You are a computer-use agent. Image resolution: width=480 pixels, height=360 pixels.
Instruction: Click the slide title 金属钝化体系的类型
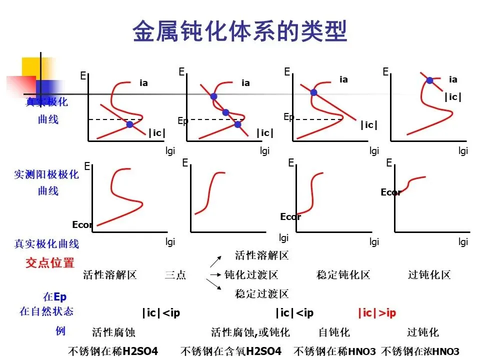click(240, 31)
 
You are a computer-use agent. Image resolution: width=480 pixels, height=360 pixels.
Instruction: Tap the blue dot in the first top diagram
click(130, 124)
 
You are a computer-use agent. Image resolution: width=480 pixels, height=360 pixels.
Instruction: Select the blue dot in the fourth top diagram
click(429, 80)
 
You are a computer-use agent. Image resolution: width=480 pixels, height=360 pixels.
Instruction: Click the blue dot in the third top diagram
click(313, 92)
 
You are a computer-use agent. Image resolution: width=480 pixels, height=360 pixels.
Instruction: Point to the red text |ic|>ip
click(376, 313)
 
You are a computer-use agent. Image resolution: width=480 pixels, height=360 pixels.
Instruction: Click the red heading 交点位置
click(50, 262)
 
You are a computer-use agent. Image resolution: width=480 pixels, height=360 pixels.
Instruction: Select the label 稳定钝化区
click(343, 275)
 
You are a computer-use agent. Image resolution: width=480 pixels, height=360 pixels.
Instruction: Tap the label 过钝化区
click(429, 275)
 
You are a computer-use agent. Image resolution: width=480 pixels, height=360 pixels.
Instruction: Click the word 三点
click(175, 275)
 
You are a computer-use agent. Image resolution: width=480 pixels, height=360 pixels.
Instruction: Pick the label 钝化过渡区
click(251, 275)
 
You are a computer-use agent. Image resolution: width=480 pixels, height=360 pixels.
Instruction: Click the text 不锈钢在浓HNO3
click(420, 351)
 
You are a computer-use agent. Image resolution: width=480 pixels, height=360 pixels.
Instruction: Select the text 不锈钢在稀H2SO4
click(113, 351)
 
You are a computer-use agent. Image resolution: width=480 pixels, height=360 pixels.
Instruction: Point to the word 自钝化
click(334, 332)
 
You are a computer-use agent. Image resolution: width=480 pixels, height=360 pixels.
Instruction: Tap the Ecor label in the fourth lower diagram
click(390, 192)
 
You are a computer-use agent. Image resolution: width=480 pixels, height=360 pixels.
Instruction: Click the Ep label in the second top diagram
click(182, 121)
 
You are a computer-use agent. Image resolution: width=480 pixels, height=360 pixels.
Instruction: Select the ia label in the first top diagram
click(143, 83)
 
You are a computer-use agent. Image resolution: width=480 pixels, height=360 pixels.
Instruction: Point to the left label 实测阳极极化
click(46, 174)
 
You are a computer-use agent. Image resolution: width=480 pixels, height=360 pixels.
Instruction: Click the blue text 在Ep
click(54, 297)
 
